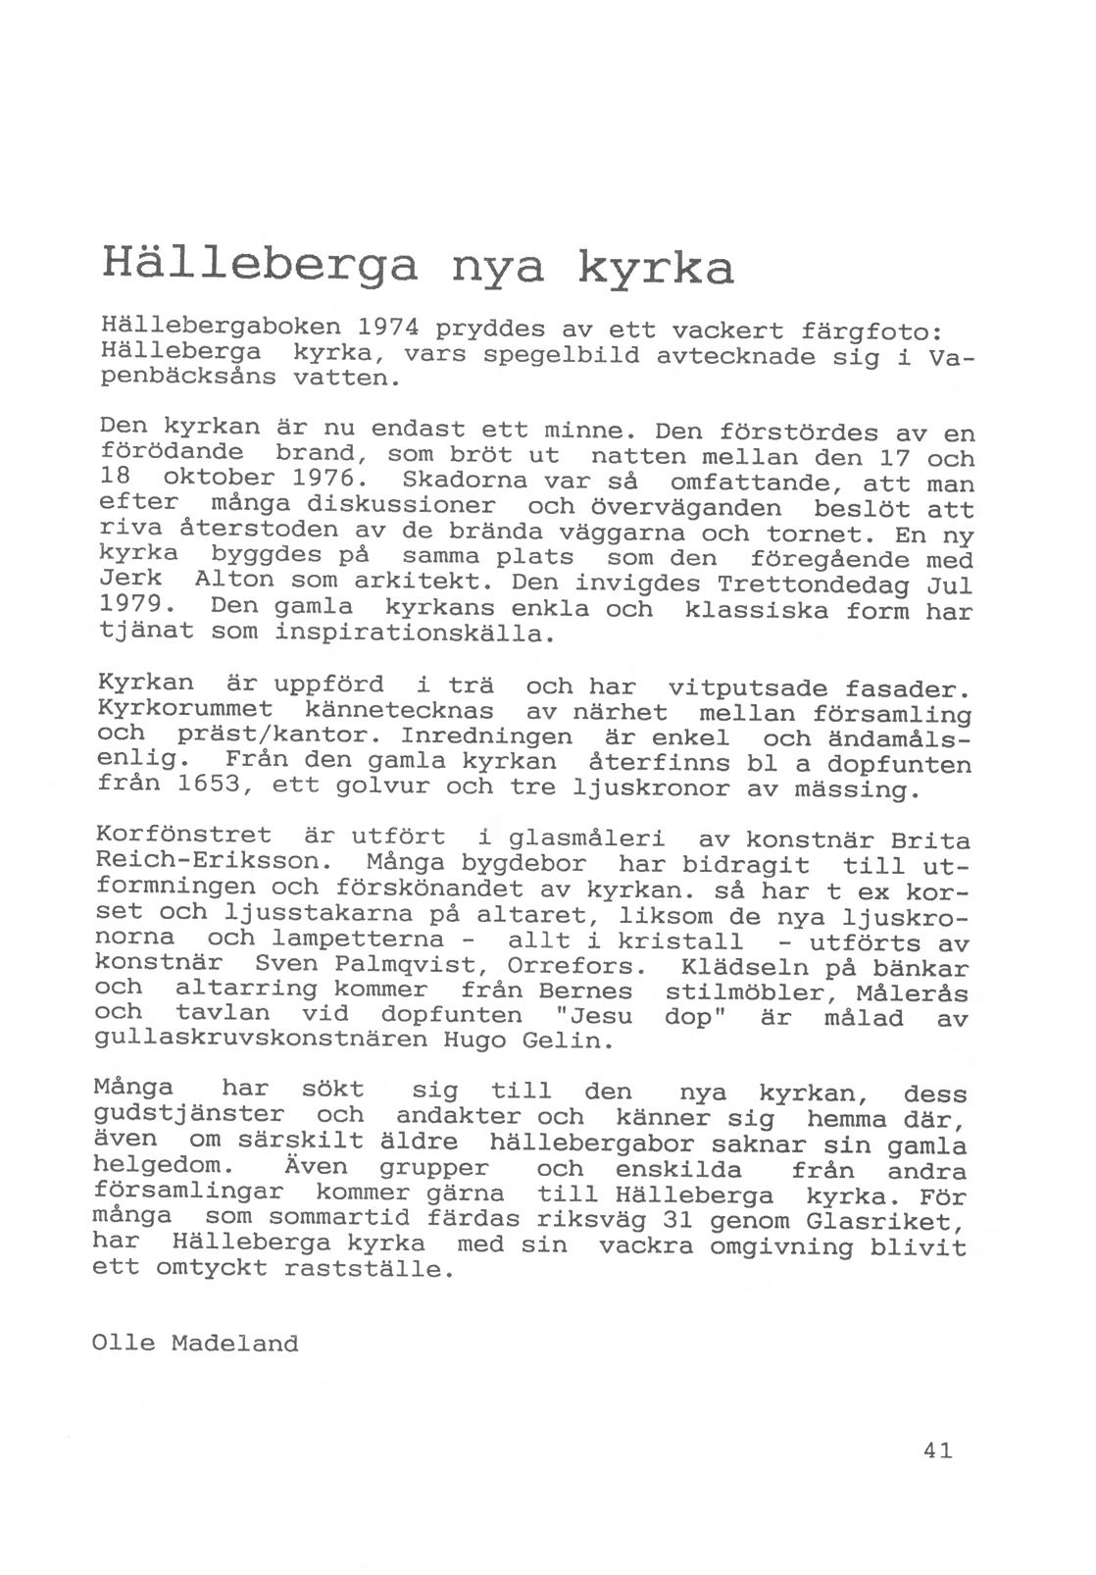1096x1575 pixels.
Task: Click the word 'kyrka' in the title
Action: click(x=654, y=268)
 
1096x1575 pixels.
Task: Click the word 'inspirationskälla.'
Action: click(x=417, y=634)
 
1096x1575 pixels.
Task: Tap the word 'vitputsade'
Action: click(x=746, y=687)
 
